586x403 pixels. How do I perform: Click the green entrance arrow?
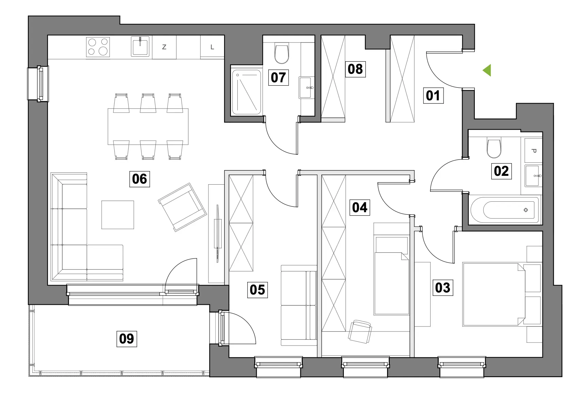tap(487, 70)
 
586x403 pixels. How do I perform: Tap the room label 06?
tap(139, 179)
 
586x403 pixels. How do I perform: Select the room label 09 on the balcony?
tap(127, 339)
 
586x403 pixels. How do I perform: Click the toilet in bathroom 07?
tap(282, 54)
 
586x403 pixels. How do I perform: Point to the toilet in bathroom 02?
tap(494, 148)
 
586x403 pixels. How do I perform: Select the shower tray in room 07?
tap(247, 92)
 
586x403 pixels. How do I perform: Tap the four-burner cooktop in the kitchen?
tap(98, 47)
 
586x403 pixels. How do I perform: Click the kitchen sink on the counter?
tap(140, 47)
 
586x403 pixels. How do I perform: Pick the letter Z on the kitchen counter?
tap(164, 47)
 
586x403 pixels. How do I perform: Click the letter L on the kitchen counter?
tap(212, 47)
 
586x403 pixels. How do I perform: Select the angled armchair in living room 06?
tap(182, 207)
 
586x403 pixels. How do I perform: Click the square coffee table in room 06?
tap(118, 215)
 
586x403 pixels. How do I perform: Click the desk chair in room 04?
tap(360, 331)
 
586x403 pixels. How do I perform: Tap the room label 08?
tap(355, 69)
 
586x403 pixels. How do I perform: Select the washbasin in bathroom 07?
tap(307, 87)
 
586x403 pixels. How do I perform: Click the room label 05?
tap(257, 290)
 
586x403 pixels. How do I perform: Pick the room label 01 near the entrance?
tap(433, 95)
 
